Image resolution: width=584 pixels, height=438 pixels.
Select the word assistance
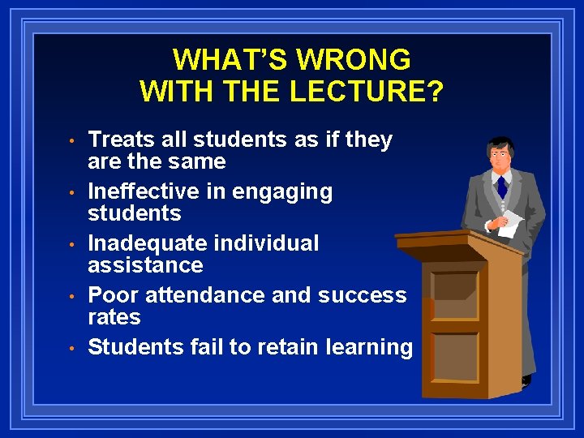(145, 265)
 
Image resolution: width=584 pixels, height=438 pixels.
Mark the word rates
(114, 317)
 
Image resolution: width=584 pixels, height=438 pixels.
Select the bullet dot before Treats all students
(72, 141)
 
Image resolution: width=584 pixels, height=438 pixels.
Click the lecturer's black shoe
(526, 380)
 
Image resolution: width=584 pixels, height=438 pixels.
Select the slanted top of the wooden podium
(442, 242)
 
